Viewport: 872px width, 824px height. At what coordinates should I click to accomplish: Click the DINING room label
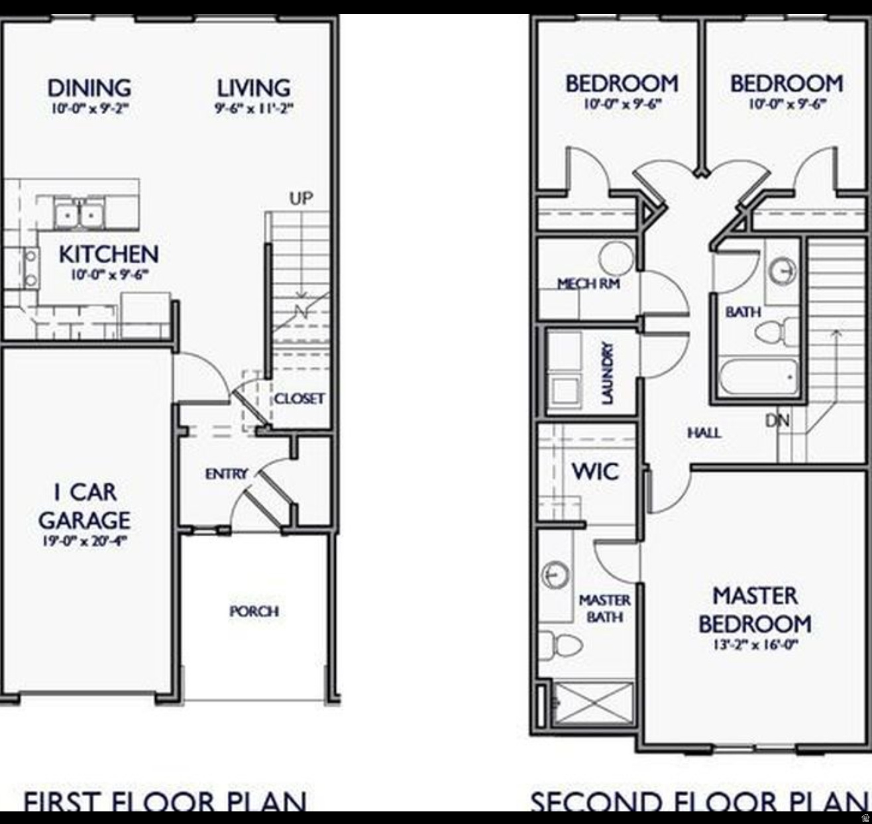tap(89, 88)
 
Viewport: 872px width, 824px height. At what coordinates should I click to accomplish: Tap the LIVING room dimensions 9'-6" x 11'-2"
tap(254, 108)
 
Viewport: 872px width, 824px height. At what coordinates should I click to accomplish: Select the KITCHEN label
tap(109, 254)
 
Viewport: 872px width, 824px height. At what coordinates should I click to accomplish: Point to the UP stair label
tap(301, 198)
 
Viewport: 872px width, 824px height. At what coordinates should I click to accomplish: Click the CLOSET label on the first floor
tap(300, 398)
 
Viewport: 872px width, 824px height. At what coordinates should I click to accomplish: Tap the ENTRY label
tap(226, 473)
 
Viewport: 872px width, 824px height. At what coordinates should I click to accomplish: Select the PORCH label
tap(254, 611)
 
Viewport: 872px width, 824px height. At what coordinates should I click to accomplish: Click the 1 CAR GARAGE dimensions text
tap(84, 540)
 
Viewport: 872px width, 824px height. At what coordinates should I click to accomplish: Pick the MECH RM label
tap(588, 284)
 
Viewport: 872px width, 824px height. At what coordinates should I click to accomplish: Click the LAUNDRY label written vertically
tap(607, 373)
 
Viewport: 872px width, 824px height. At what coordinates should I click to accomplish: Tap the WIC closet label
tap(595, 471)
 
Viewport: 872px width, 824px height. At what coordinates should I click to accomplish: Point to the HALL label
tap(704, 433)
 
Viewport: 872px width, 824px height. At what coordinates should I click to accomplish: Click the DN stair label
tap(777, 420)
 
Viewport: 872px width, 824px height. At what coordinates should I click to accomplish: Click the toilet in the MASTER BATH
tap(559, 645)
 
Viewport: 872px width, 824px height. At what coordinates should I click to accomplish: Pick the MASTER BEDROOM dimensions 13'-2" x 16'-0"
tap(755, 644)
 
